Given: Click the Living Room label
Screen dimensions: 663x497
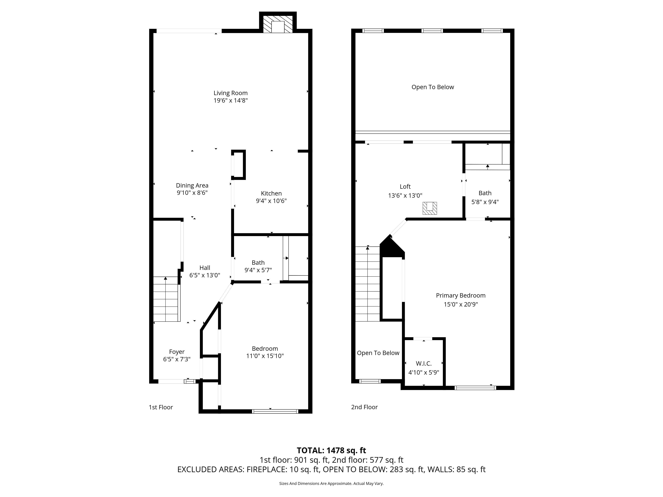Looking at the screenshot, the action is point(231,93).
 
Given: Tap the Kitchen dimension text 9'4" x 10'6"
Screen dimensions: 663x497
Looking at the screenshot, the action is point(271,201).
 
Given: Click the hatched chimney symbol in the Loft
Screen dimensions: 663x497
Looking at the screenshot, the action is point(430,208).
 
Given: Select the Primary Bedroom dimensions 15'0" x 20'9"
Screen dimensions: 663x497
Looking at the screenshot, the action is point(461,304).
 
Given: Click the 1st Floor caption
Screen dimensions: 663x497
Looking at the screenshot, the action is point(161,407).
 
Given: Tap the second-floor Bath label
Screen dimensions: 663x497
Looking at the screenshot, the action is point(485,193).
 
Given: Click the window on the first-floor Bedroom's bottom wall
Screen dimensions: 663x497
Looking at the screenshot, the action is point(275,411).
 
